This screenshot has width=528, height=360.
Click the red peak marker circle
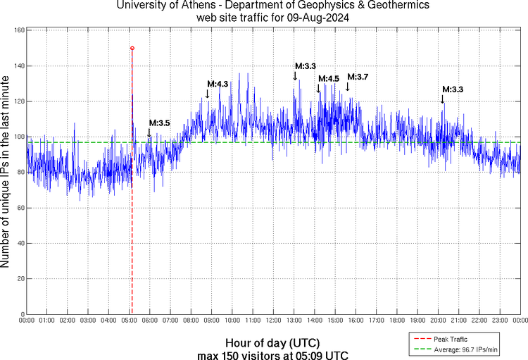[132, 48]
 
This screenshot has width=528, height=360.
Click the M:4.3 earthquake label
[218, 84]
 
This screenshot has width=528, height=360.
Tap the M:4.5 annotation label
[329, 79]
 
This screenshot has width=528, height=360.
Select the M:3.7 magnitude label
[358, 77]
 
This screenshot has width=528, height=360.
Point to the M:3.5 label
[160, 123]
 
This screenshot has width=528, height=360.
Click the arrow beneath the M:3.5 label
[149, 132]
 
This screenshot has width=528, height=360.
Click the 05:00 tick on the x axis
[130, 320]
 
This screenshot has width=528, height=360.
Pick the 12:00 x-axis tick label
[273, 320]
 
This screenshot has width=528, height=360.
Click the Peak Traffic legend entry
[451, 339]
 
